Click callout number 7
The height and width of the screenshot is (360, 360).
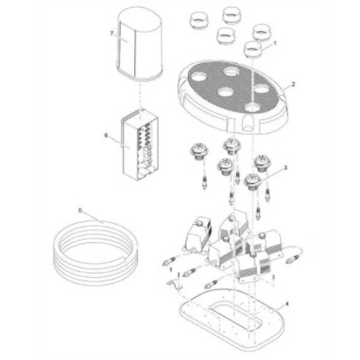click(x=112, y=33)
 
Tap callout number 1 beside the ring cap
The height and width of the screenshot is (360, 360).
click(x=275, y=43)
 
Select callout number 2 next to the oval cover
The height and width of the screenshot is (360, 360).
click(x=293, y=84)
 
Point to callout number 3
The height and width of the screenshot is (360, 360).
click(x=285, y=168)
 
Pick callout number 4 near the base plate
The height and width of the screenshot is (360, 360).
click(x=286, y=304)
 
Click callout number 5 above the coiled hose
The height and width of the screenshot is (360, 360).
click(x=80, y=210)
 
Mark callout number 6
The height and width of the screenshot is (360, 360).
click(x=106, y=135)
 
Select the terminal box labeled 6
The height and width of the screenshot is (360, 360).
click(x=140, y=145)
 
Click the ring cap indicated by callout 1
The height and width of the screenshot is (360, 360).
click(x=253, y=49)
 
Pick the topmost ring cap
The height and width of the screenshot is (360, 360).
click(x=232, y=15)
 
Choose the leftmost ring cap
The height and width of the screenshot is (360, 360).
click(x=200, y=20)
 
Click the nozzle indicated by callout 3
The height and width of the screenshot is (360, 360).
click(x=253, y=182)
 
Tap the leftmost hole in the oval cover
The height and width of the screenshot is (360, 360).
click(x=197, y=77)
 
